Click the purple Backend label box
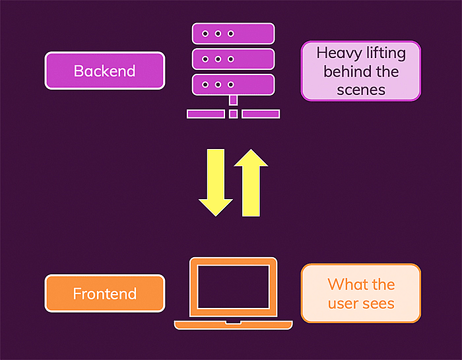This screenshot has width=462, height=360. (104, 71)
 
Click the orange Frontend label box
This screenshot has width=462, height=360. (104, 293)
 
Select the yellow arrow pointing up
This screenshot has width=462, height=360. (251, 183)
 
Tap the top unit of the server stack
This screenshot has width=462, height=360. (233, 34)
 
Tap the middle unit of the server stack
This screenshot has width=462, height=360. (233, 59)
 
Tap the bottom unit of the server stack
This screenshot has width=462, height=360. (233, 84)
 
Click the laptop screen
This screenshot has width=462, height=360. (233, 287)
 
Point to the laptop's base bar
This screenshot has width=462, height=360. (233, 324)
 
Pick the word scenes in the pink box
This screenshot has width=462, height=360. (360, 89)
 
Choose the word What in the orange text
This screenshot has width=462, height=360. (345, 285)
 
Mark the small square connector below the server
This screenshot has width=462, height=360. (233, 114)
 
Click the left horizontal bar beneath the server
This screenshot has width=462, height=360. (206, 114)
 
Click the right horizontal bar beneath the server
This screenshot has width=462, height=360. (260, 114)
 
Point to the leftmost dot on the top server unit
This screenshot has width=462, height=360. (206, 34)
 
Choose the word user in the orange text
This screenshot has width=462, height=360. (343, 303)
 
